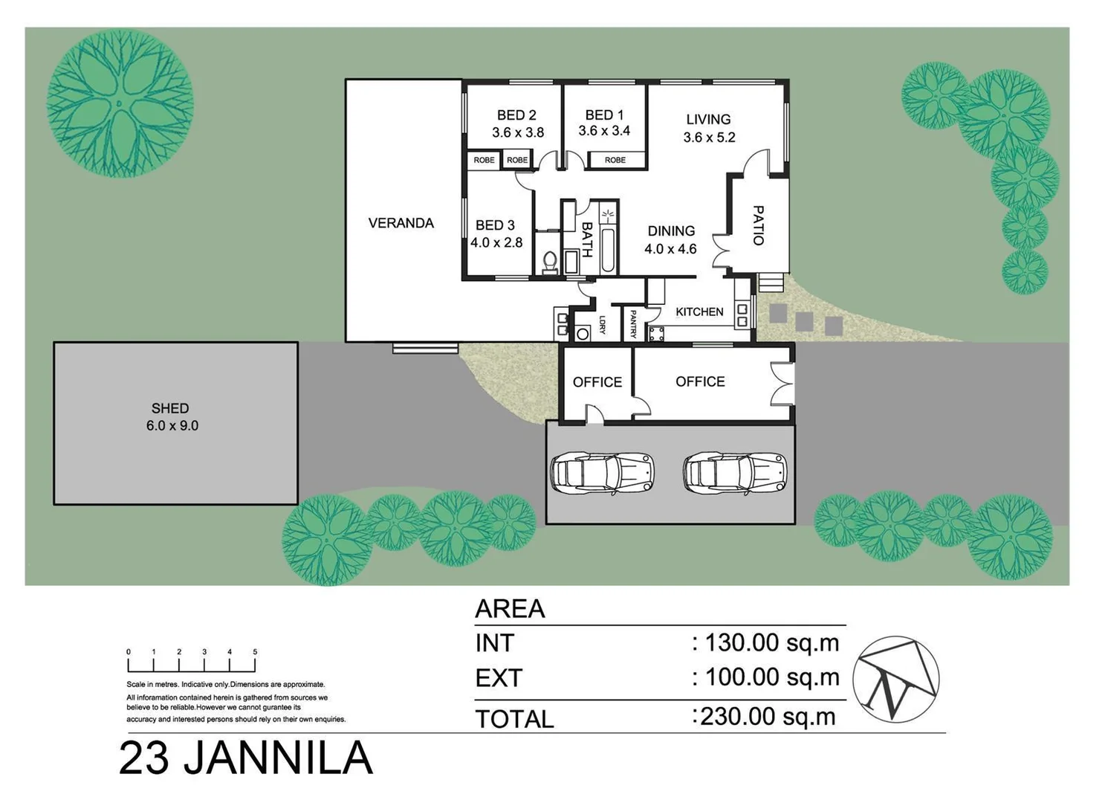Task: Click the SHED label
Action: pyautogui.click(x=170, y=408)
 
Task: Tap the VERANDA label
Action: pyautogui.click(x=401, y=223)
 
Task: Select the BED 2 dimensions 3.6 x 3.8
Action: pyautogui.click(x=517, y=133)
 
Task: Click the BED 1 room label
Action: pyautogui.click(x=604, y=115)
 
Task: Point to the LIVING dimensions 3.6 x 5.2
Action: pyautogui.click(x=709, y=138)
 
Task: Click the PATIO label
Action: pyautogui.click(x=758, y=225)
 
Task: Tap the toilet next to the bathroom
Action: pyautogui.click(x=550, y=262)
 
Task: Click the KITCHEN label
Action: pyautogui.click(x=699, y=312)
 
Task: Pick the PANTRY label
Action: pyautogui.click(x=633, y=324)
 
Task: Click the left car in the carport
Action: pyautogui.click(x=602, y=472)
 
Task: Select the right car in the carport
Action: pyautogui.click(x=734, y=472)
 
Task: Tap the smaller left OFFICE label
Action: pyautogui.click(x=597, y=382)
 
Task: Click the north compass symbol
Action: pyautogui.click(x=895, y=679)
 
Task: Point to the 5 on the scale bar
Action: pyautogui.click(x=255, y=652)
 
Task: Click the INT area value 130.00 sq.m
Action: pyautogui.click(x=771, y=642)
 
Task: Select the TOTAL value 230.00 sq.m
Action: pyautogui.click(x=768, y=717)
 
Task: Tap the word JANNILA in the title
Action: pyautogui.click(x=276, y=758)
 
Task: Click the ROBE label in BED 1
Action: pyautogui.click(x=615, y=160)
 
